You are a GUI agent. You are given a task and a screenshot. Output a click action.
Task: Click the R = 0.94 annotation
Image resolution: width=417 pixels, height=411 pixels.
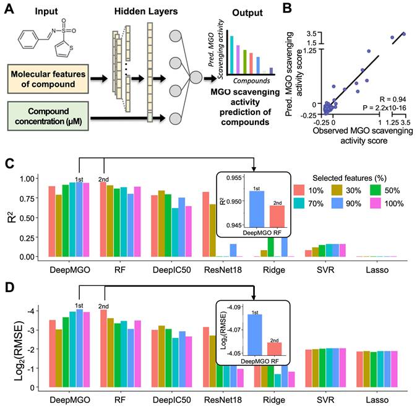coord(378,98)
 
